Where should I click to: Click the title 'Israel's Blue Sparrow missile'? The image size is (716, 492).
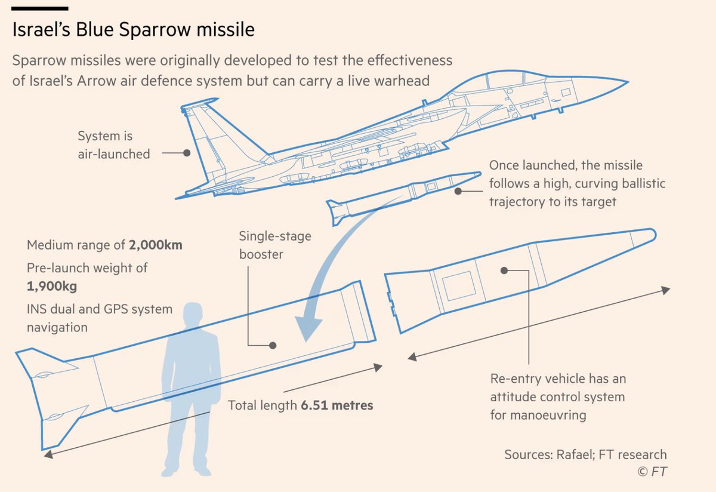click(x=134, y=30)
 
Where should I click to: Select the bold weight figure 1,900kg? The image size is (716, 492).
click(x=52, y=286)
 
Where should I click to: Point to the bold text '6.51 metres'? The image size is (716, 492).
click(x=337, y=406)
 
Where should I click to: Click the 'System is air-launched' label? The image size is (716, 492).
click(x=113, y=145)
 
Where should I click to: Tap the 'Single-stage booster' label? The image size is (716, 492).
click(x=275, y=245)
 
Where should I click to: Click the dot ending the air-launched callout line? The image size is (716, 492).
click(x=187, y=153)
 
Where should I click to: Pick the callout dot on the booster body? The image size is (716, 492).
click(x=273, y=345)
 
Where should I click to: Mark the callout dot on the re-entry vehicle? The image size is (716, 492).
click(x=504, y=270)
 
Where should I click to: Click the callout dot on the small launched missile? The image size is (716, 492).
click(x=458, y=191)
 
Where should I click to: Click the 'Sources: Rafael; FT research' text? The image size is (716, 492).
click(x=585, y=454)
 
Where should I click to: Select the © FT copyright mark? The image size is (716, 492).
click(x=652, y=472)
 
